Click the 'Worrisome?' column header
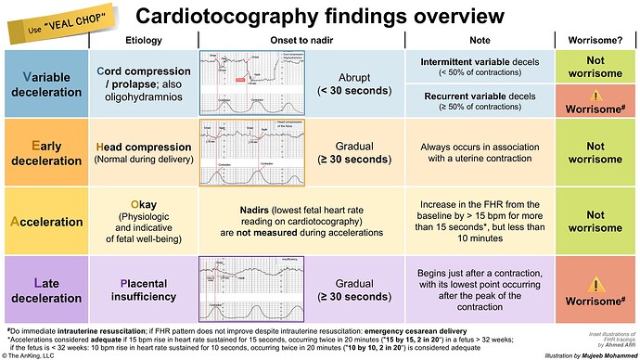[593, 40]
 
